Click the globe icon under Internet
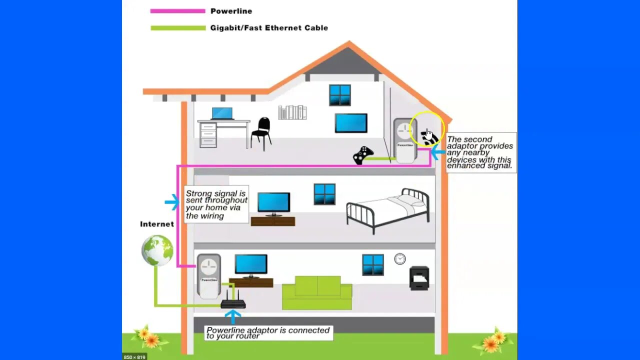157,250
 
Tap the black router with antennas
233,302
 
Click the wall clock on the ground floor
399,258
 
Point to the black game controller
363,155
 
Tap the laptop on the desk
222,113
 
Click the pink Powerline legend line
177,11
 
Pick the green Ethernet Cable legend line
177,28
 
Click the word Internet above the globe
157,224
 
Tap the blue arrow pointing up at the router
232,316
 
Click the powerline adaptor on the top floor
405,140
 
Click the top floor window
340,95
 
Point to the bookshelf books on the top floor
292,112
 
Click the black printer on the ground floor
419,278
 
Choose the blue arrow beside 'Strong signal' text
172,202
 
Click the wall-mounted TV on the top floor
351,123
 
